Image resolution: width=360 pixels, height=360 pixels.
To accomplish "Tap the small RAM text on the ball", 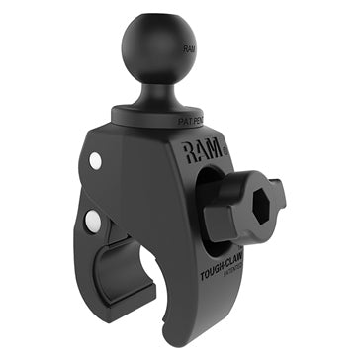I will (188, 46).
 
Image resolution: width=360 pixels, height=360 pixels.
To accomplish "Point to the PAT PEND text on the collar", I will (193, 120).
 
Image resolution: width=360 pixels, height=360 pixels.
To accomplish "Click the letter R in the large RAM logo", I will (189, 151).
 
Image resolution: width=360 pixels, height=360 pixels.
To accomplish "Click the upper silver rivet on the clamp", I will (94, 160).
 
